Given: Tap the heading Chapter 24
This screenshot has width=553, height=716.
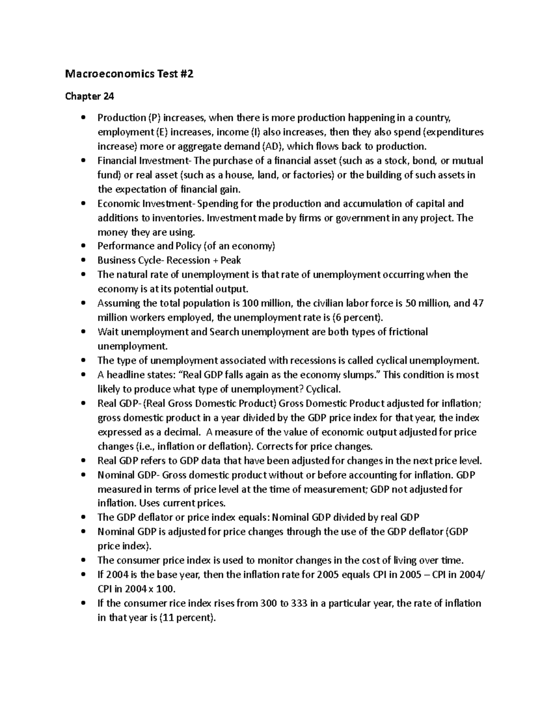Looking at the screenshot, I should (89, 96).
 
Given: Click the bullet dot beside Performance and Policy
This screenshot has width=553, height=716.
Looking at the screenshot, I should (83, 246).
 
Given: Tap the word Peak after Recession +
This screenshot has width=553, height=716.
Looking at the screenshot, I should (231, 260).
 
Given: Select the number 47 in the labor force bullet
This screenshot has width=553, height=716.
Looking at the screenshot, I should (478, 303).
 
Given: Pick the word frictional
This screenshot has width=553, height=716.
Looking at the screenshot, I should (408, 332).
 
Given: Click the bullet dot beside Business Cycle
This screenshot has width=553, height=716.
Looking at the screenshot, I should (83, 260).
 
